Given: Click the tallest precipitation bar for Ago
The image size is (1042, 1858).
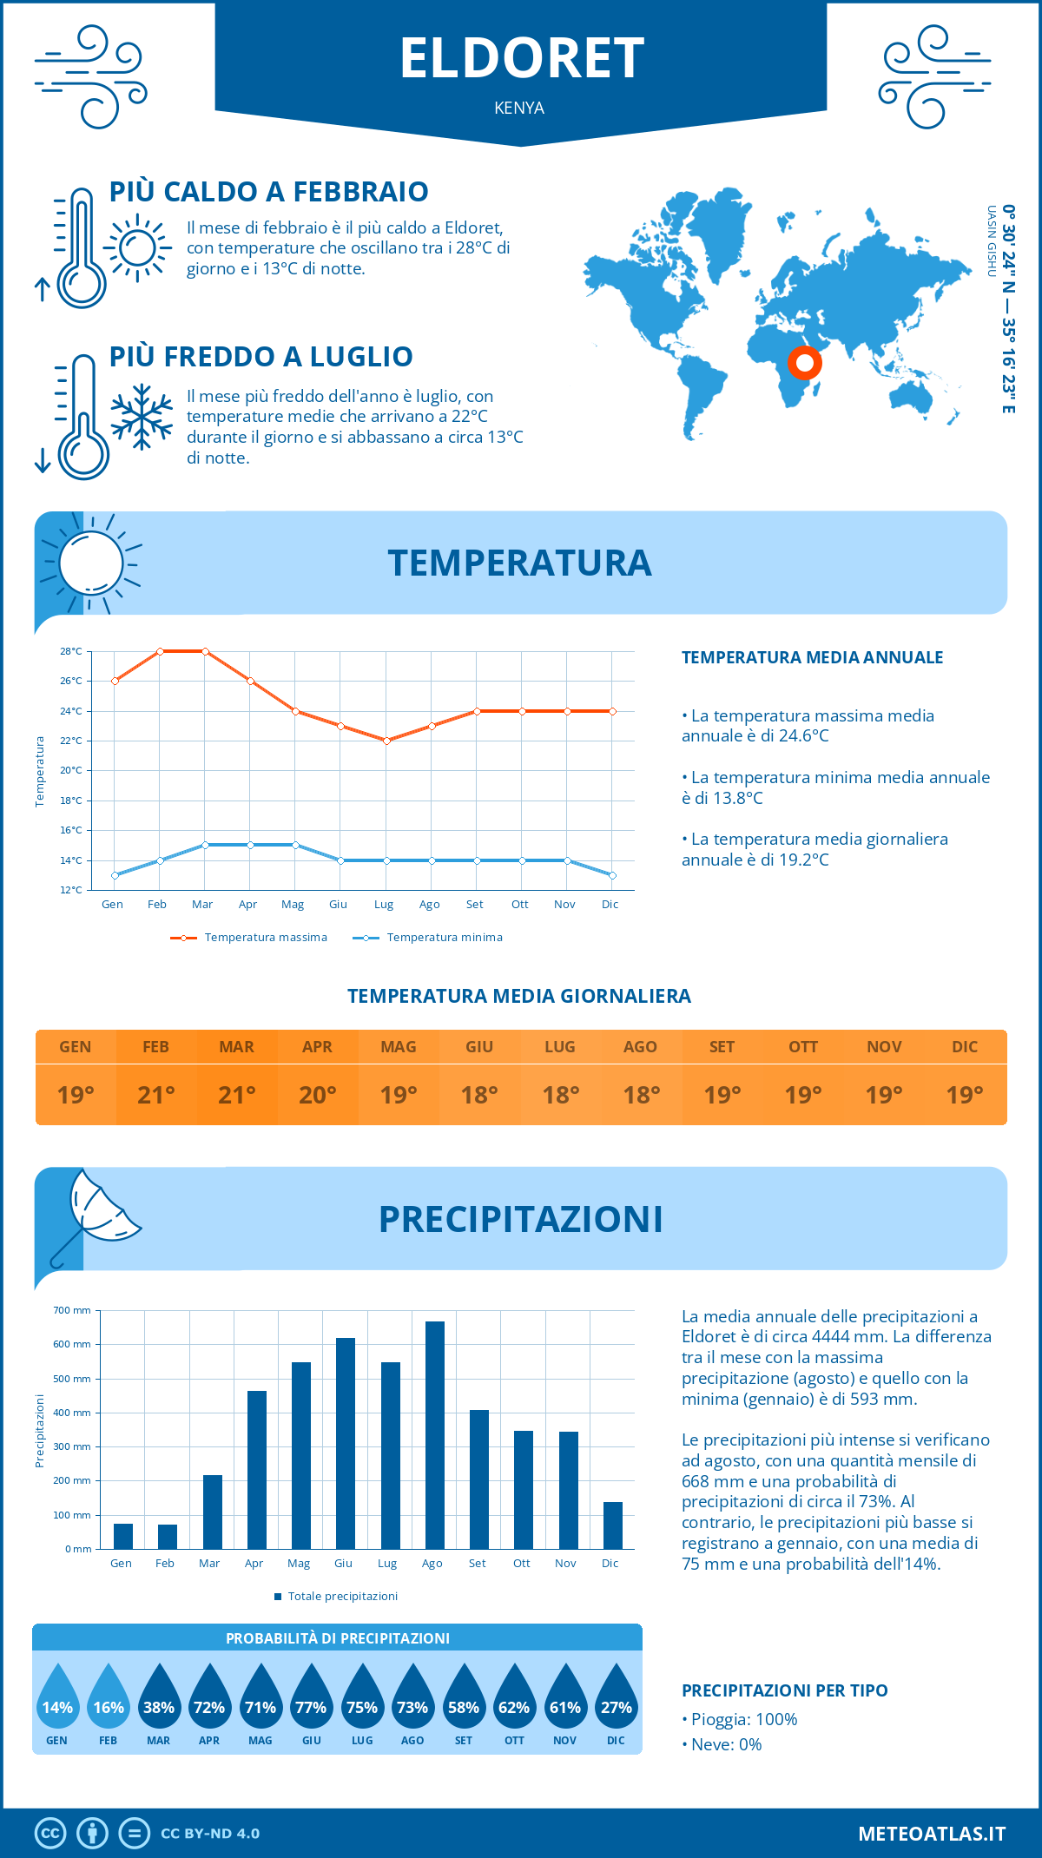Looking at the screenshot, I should (434, 1434).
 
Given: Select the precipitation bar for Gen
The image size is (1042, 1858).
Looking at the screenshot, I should (123, 1536).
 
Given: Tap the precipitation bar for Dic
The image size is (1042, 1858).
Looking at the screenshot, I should (613, 1525).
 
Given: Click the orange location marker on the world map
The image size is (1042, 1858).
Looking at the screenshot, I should (805, 363).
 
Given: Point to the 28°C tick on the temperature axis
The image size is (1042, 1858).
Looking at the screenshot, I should (71, 651).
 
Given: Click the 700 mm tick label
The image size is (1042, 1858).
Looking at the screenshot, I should (72, 1310).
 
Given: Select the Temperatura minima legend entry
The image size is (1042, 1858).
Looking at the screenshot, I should (428, 938).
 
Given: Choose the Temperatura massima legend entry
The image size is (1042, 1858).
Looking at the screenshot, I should (249, 938).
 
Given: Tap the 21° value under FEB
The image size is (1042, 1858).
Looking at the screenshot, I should (156, 1095).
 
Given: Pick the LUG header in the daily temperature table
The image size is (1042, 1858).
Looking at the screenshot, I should (560, 1047).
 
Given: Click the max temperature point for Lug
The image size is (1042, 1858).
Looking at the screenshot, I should (386, 741).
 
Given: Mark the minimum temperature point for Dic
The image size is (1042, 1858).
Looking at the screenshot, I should (612, 875).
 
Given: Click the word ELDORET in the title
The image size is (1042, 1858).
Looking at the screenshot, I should (521, 59).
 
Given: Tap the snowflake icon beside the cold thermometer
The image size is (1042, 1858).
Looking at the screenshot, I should (142, 417).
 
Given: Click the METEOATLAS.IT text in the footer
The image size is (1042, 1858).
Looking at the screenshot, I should (932, 1834).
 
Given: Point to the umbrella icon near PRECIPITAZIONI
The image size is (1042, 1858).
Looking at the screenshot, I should (96, 1211).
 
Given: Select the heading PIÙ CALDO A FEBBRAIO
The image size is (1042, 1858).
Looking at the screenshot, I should (269, 192).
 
